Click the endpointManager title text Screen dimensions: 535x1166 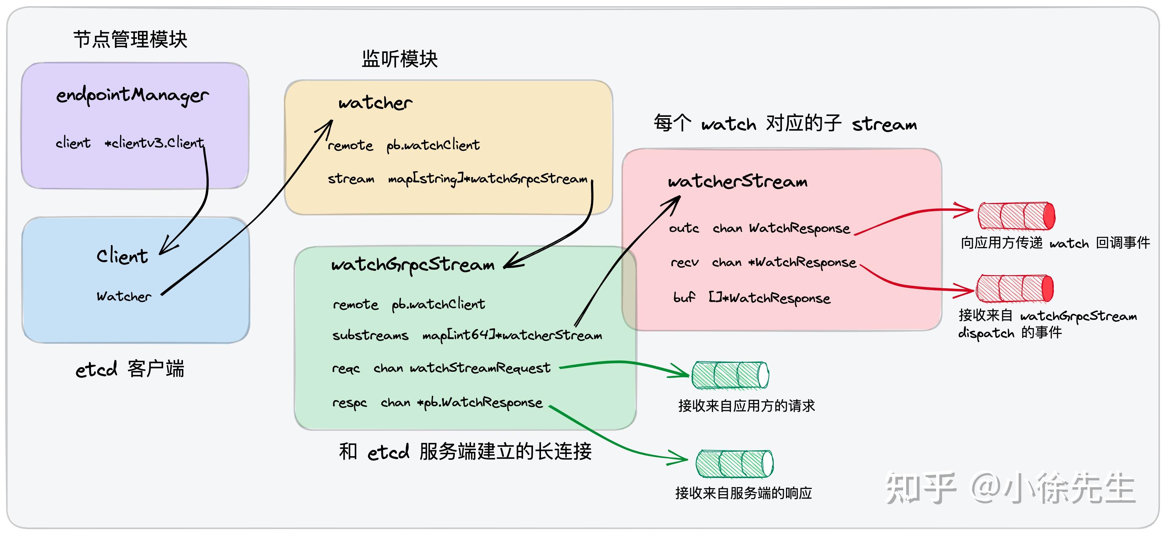pos(132,95)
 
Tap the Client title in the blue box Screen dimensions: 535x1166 pos(122,256)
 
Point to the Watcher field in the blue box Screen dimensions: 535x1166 pos(124,297)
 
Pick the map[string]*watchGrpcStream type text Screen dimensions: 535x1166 pos(487,179)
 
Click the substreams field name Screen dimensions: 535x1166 pos(370,335)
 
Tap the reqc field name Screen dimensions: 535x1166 pos(346,368)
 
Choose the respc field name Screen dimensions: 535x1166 pos(349,403)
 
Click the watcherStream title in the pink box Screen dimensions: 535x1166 pos(737,182)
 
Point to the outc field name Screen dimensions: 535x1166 pos(684,228)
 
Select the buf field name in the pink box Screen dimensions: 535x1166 pos(684,298)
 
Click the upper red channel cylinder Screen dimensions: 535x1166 pos(1016,216)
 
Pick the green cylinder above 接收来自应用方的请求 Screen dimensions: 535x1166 pos(730,375)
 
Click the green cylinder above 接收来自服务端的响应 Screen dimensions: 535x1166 pos(734,464)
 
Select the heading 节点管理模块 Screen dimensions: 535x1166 pos(130,40)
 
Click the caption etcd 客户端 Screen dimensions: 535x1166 pos(130,369)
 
